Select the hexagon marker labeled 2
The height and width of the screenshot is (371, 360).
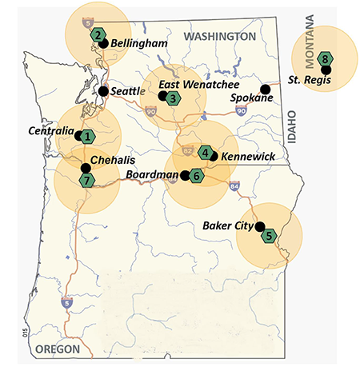[x=98, y=34]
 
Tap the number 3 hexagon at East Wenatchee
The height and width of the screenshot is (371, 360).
[x=173, y=98]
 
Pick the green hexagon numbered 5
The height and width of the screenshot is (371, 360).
[x=270, y=235]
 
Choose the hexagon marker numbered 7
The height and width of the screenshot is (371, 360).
[x=87, y=180]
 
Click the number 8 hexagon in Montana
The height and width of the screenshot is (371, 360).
[x=325, y=58]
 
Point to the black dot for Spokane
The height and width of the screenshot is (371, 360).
[x=265, y=89]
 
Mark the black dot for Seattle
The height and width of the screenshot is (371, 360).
[x=102, y=91]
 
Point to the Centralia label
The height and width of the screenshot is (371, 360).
[x=50, y=130]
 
